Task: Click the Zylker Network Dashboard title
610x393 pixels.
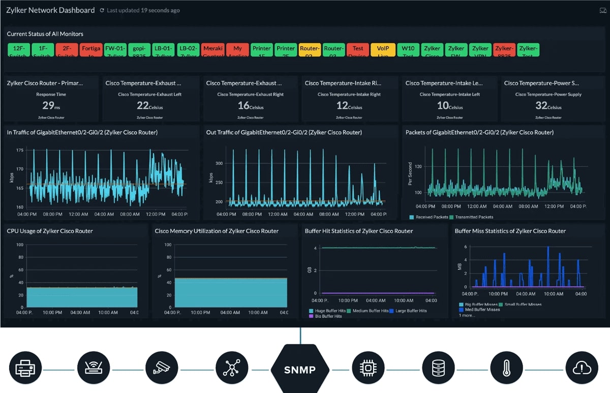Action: point(50,10)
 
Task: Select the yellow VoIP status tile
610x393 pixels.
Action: point(382,50)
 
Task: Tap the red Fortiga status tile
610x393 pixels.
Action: point(91,50)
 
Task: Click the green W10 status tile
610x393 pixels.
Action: point(408,50)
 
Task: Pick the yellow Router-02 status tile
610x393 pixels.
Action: point(310,50)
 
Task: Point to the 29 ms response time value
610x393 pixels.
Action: point(50,106)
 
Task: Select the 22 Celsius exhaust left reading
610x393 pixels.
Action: point(149,106)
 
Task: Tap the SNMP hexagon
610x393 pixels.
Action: point(300,369)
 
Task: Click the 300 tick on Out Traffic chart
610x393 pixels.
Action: point(219,164)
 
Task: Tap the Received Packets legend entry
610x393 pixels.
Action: point(429,217)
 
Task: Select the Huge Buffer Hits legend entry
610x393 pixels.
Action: point(328,311)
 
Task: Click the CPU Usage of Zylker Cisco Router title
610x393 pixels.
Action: point(50,231)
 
